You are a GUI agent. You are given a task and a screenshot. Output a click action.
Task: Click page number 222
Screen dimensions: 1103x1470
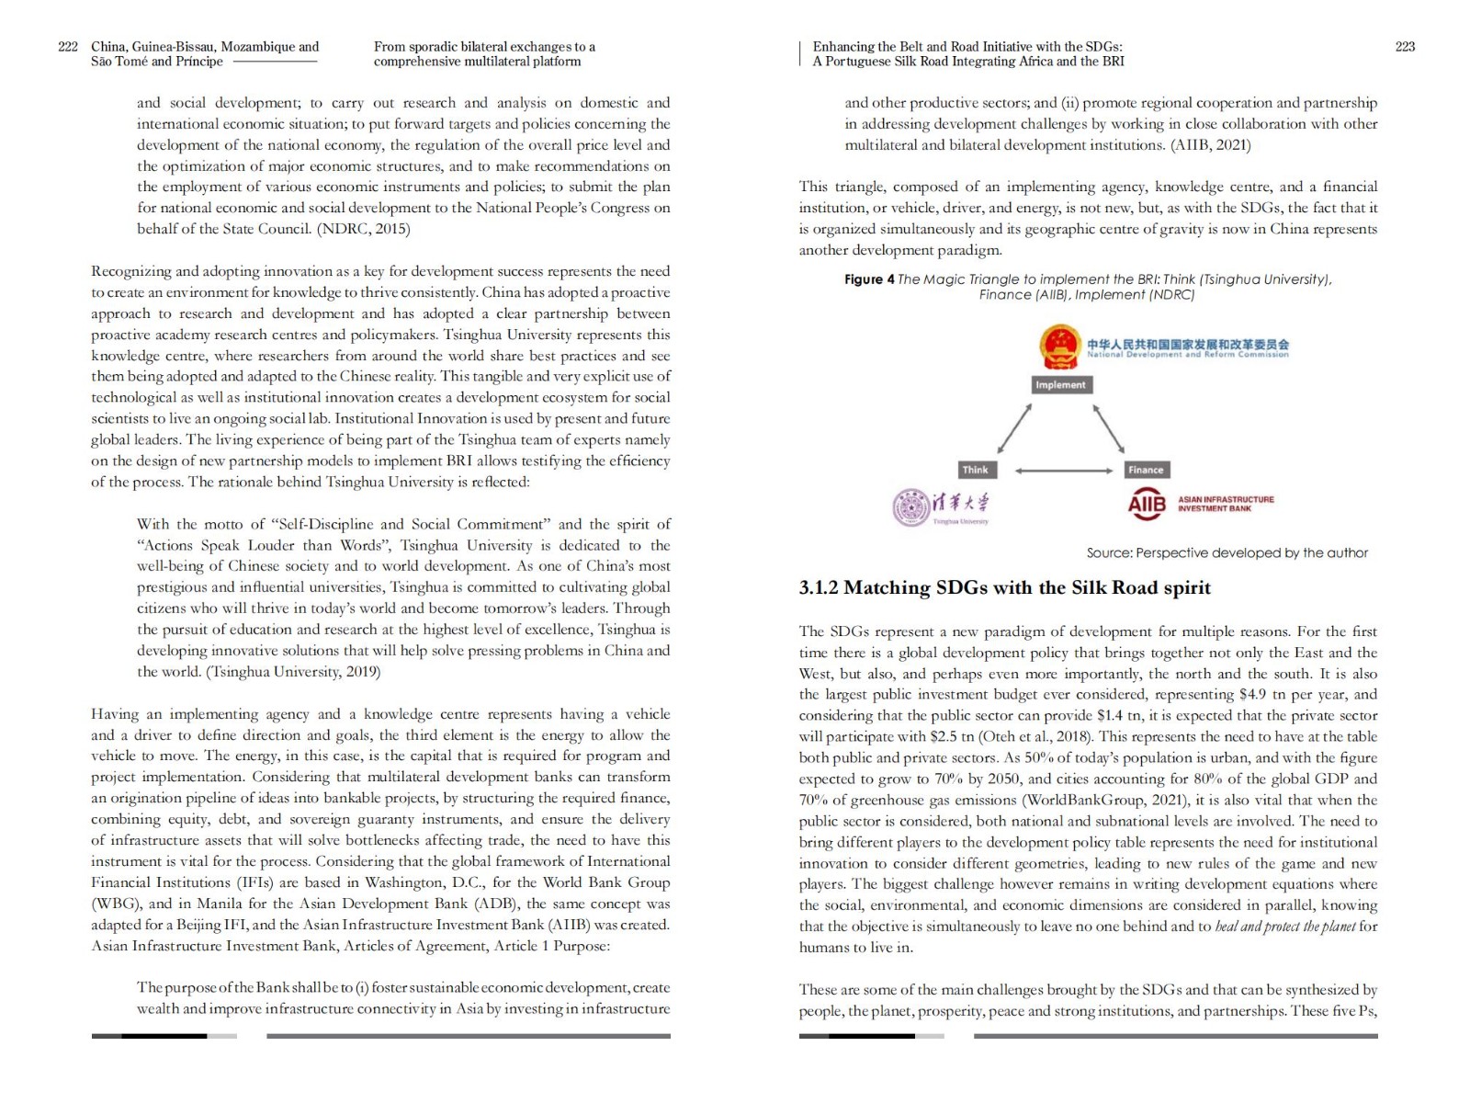point(68,47)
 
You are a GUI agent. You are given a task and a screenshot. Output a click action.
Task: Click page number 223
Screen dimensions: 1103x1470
point(1405,47)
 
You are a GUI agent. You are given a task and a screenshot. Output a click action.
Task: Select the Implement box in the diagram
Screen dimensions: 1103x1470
point(1060,385)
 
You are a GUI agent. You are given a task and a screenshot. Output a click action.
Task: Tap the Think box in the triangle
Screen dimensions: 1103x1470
point(975,470)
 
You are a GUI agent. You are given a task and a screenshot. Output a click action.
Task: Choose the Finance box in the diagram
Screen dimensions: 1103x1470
point(1146,470)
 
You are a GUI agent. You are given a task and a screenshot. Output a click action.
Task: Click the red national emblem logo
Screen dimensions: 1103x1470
point(1059,347)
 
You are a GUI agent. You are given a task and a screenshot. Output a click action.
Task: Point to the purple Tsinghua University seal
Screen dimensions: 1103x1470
point(910,506)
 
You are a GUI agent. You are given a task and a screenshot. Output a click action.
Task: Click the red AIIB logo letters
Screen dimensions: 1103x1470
point(1147,504)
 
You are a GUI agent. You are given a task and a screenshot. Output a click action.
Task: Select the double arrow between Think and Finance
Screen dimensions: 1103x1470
point(1063,471)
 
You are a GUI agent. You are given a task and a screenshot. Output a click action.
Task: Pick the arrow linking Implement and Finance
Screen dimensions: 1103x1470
point(1109,428)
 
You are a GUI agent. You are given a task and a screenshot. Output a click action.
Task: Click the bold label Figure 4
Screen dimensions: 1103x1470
point(869,279)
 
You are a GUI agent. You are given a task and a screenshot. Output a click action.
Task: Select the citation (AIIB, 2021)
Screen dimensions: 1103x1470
point(1210,145)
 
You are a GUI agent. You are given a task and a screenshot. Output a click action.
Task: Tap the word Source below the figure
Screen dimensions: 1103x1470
point(1108,553)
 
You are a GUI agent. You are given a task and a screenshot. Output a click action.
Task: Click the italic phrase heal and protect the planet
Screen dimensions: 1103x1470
point(1285,927)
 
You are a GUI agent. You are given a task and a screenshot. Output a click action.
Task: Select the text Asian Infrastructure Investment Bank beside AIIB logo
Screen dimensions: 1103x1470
point(1226,504)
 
